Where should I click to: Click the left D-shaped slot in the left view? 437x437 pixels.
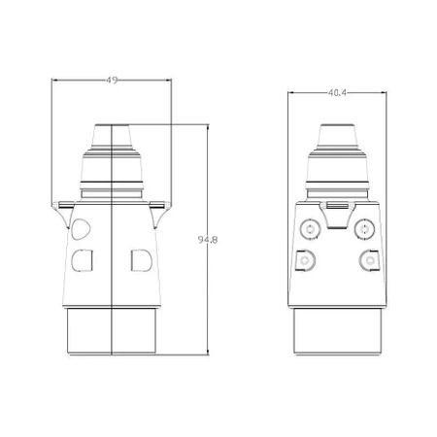tap(82, 259)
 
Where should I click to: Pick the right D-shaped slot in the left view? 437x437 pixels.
tap(140, 259)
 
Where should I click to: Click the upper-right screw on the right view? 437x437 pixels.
tap(365, 230)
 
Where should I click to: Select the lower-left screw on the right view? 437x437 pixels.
tap(308, 260)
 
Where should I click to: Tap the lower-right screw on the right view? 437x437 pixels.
tap(368, 259)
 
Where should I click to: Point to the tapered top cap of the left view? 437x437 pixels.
tap(113, 136)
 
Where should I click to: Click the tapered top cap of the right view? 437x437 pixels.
tap(336, 136)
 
